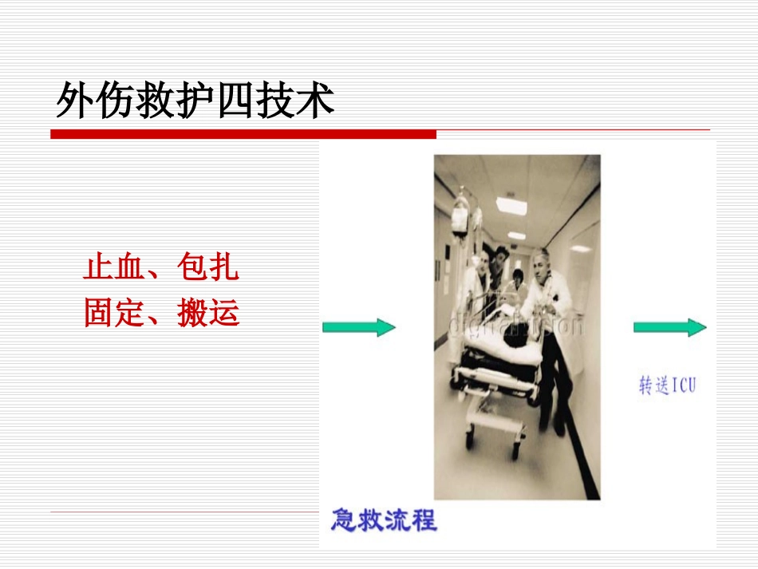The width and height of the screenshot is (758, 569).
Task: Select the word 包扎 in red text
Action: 208,268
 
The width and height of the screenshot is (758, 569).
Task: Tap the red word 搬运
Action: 208,314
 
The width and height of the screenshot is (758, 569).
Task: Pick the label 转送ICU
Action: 667,386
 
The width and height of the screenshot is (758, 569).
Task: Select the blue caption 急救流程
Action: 384,520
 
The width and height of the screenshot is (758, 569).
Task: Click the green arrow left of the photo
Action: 359,327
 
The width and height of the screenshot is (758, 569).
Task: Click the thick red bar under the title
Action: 243,134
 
